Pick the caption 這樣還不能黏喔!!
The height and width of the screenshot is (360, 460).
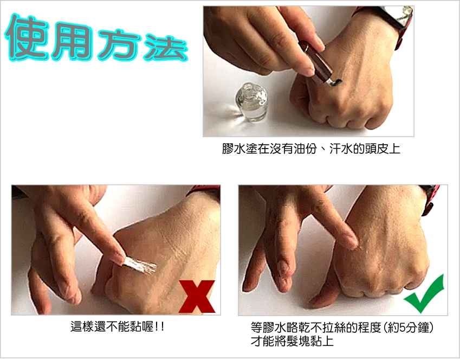[118, 327]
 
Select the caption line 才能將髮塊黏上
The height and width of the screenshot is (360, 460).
[292, 342]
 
